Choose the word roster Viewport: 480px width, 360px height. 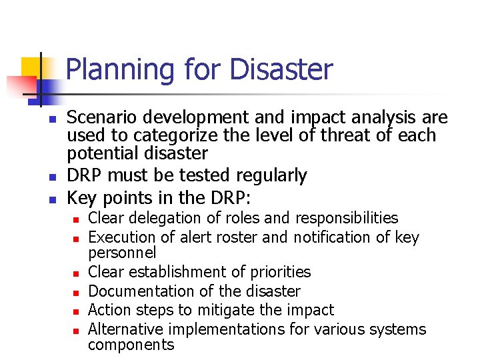click(239, 237)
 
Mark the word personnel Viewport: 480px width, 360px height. click(122, 253)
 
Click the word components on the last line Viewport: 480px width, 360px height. click(131, 345)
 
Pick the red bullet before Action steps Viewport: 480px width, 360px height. click(77, 311)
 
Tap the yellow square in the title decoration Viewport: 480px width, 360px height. click(31, 67)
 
